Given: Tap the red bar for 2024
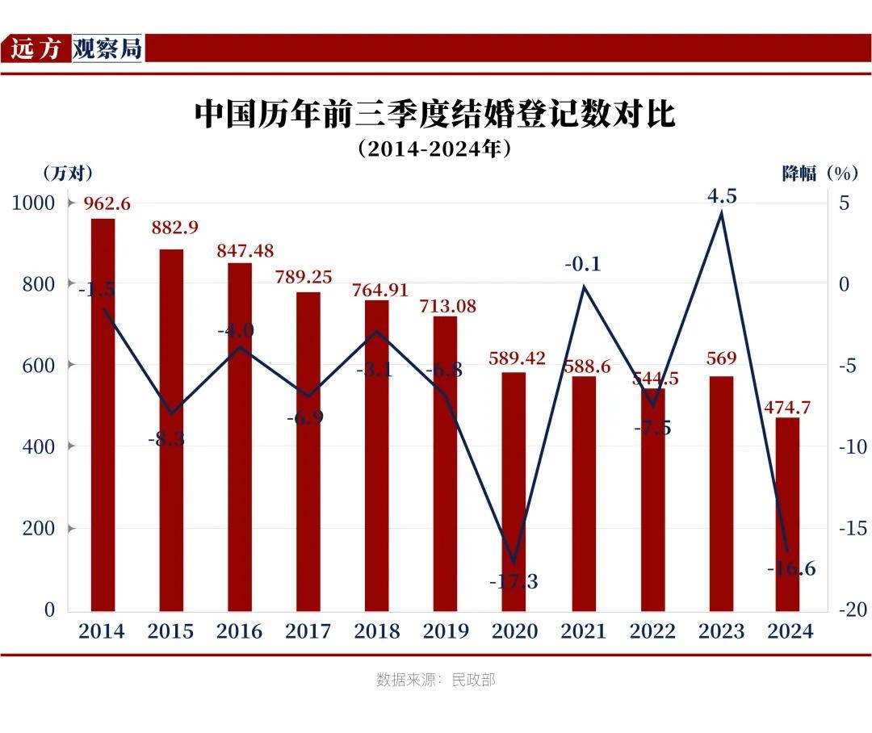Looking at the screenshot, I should pos(787,514).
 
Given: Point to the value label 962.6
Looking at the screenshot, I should pos(107,203).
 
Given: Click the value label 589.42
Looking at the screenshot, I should pos(517,358).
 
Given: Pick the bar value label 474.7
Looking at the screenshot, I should pos(787,407).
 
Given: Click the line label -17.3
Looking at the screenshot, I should pos(514,581).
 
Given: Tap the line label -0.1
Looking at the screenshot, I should pos(583,264).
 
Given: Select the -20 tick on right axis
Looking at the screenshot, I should pos(853,609).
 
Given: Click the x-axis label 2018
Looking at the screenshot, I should pos(377,631).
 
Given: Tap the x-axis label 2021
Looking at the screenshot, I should pos(583,631).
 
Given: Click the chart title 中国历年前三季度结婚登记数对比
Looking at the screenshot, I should pos(434,114).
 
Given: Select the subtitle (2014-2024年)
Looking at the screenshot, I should pos(434,149).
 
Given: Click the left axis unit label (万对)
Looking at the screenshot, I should pos(67,173).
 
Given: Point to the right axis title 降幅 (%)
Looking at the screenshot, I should pos(819,173).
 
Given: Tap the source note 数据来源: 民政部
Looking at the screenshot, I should pos(435,680).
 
